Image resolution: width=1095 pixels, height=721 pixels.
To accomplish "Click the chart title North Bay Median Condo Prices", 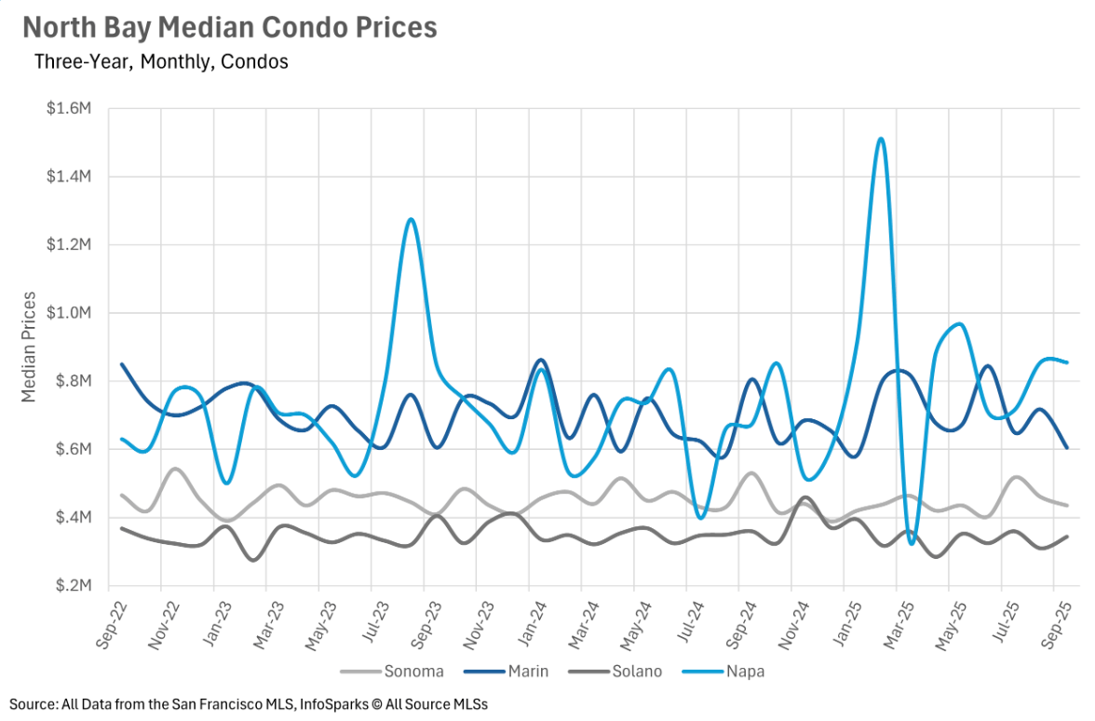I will pos(230,28).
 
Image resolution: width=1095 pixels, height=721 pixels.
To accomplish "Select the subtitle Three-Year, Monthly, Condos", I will pos(161,62).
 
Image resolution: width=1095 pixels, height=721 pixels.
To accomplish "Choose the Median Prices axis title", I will pos(29,347).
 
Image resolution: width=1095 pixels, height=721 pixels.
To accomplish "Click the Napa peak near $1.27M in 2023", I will pos(411,220).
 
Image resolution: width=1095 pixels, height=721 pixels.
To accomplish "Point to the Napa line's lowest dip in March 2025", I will pos(912,543).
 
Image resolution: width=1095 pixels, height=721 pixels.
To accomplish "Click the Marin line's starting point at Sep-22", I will pos(122,364).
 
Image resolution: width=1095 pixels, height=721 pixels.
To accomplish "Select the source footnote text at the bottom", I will pos(249,704).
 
